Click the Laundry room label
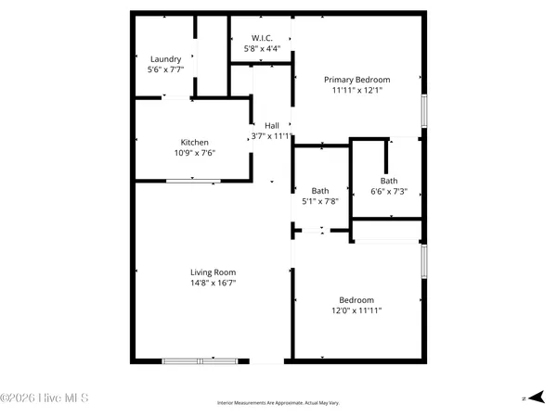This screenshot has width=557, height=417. (165, 58)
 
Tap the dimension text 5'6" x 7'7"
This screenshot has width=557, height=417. (165, 69)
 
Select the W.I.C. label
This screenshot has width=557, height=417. (261, 37)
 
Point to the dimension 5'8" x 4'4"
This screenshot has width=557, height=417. (261, 48)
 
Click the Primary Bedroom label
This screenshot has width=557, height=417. (356, 80)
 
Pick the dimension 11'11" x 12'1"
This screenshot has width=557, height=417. (356, 92)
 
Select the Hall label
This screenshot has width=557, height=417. (272, 125)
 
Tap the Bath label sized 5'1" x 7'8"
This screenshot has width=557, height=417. (320, 191)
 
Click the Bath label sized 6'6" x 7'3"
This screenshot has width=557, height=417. (389, 181)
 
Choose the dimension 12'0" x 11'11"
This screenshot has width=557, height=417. (356, 311)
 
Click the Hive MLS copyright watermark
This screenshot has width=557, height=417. (45, 399)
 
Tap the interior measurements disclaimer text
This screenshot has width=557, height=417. (278, 403)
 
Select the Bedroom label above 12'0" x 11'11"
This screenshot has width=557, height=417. (356, 299)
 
